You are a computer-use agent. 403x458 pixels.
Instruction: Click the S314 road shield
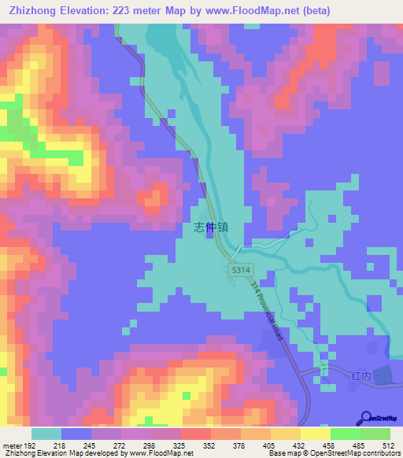pyautogui.click(x=240, y=270)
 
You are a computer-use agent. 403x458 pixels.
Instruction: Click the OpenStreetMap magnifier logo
pyautogui.click(x=368, y=417)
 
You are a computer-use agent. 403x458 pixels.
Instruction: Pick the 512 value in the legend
pyautogui.click(x=389, y=445)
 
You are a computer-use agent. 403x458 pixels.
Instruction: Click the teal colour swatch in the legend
pyautogui.click(x=46, y=434)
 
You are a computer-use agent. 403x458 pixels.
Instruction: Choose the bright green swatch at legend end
pyautogui.click(x=375, y=434)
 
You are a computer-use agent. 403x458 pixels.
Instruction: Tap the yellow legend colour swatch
pyautogui.click(x=316, y=434)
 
